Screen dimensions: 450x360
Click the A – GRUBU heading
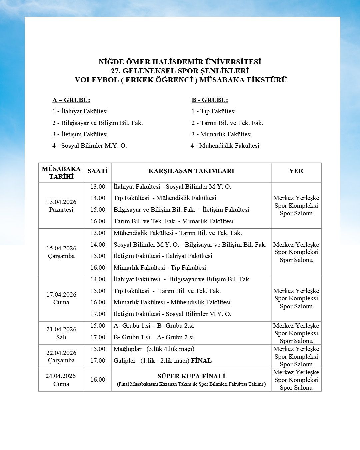pyautogui.click(x=71, y=100)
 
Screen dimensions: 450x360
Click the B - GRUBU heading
pyautogui.click(x=210, y=100)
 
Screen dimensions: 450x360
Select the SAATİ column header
pyautogui.click(x=98, y=171)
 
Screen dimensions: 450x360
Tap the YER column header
pyautogui.click(x=296, y=171)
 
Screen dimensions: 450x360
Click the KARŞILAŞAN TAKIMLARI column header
pyautogui.click(x=191, y=171)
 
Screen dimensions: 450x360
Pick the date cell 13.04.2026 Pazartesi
pyautogui.click(x=61, y=206)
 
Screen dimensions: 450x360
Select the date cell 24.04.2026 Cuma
pyautogui.click(x=61, y=380)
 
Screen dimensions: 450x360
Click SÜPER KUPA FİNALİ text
pyautogui.click(x=191, y=376)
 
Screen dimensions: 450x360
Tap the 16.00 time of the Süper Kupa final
pyautogui.click(x=98, y=380)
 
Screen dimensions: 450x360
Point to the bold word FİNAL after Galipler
pyautogui.click(x=201, y=361)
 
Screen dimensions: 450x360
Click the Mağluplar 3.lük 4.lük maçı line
pyautogui.click(x=154, y=349)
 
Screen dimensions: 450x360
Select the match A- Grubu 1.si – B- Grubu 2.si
pyautogui.click(x=153, y=326)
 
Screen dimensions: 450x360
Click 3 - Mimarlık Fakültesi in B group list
pyautogui.click(x=222, y=134)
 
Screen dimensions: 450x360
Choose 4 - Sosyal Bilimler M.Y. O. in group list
pyautogui.click(x=90, y=146)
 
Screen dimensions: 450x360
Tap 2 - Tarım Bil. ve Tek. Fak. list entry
pyautogui.click(x=227, y=123)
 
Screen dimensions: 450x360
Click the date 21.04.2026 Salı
pyautogui.click(x=61, y=333)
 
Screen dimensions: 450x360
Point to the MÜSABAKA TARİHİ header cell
pyautogui.click(x=61, y=173)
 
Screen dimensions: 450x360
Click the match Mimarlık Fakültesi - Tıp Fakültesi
pyautogui.click(x=160, y=268)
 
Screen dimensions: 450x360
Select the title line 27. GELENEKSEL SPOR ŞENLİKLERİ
pyautogui.click(x=180, y=71)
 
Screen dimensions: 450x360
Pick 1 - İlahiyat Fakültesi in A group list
pyautogui.click(x=80, y=111)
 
